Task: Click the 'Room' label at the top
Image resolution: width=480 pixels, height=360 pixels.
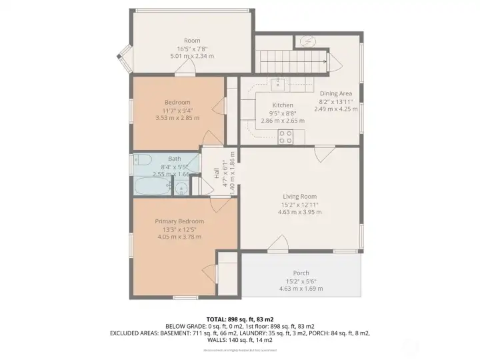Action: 192,40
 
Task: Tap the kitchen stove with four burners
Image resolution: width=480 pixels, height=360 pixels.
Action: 286,137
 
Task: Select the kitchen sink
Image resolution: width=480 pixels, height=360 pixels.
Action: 280,84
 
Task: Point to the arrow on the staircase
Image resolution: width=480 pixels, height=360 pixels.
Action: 324,62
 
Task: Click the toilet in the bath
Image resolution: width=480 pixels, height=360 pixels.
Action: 141,161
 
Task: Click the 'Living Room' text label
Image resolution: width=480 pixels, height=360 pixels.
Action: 299,196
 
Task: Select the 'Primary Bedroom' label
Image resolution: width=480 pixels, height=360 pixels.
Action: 179,221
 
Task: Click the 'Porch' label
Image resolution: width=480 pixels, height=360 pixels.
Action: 301,273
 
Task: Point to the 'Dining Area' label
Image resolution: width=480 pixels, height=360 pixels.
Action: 335,93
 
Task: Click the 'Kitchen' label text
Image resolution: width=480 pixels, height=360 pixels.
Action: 283,105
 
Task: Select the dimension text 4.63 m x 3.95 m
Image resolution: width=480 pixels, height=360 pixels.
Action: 299,212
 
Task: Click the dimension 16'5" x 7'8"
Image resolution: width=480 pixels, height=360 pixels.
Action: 192,49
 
